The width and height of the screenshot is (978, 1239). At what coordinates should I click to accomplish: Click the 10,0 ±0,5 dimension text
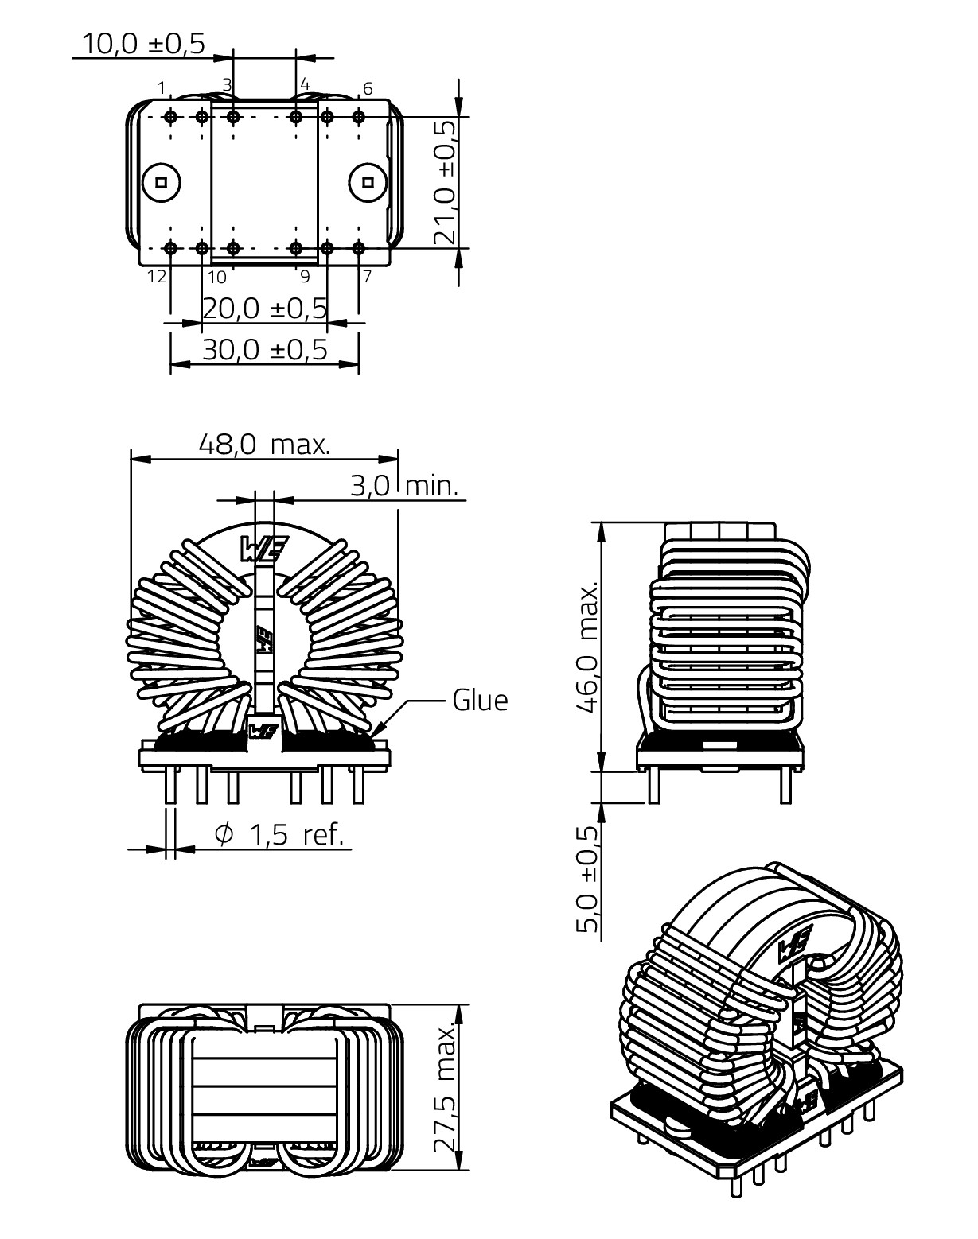143,44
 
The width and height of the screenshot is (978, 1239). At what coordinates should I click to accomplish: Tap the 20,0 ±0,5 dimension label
265,309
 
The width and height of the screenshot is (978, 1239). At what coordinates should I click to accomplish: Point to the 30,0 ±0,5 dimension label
265,349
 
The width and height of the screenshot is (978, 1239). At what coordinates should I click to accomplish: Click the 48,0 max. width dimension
264,445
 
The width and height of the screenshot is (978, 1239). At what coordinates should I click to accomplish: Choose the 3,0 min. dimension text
404,487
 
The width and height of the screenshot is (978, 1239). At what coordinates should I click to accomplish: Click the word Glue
480,701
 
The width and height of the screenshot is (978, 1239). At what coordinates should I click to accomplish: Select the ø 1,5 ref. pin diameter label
279,834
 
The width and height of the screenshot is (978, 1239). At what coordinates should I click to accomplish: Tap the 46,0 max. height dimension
588,648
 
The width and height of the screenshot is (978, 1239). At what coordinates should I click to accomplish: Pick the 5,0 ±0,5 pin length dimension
588,880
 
